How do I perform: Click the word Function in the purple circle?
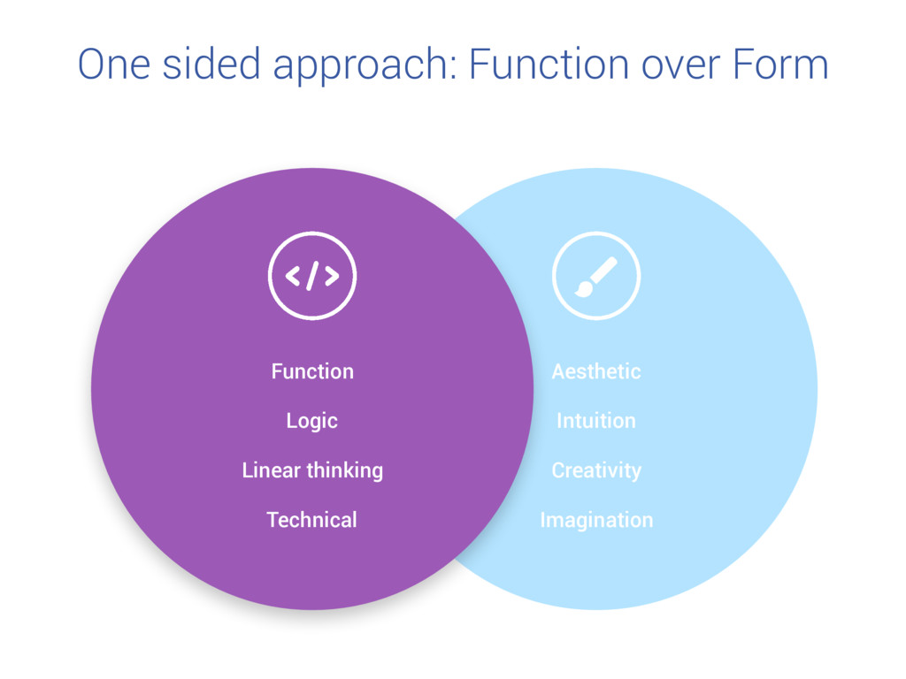pyautogui.click(x=312, y=371)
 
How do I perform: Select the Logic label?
pyautogui.click(x=312, y=421)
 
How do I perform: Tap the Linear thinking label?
pyautogui.click(x=312, y=470)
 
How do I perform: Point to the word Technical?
pyautogui.click(x=312, y=520)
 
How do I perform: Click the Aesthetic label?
pyautogui.click(x=596, y=371)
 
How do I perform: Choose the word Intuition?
pyautogui.click(x=596, y=421)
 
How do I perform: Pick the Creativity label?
pyautogui.click(x=596, y=470)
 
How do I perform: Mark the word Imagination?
pyautogui.click(x=596, y=520)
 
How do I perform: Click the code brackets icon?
pyautogui.click(x=312, y=276)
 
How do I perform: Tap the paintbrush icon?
pyautogui.click(x=595, y=276)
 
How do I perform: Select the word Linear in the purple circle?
pyautogui.click(x=272, y=470)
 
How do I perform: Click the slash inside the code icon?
pyautogui.click(x=312, y=276)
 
